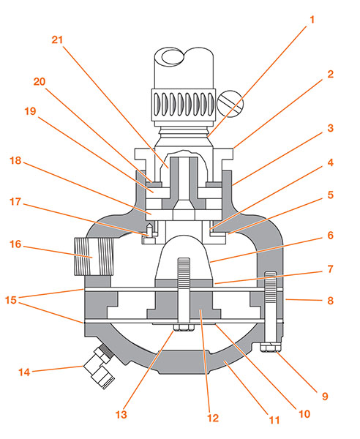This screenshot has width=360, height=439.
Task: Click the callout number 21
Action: (x=57, y=40)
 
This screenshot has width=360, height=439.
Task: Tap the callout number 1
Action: (x=312, y=20)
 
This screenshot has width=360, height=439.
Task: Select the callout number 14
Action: (x=24, y=372)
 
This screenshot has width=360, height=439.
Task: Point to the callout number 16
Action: (x=15, y=244)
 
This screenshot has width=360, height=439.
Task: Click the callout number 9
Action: (x=325, y=396)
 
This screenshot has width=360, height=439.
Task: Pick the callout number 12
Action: (x=213, y=418)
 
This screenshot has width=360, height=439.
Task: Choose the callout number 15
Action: (x=11, y=300)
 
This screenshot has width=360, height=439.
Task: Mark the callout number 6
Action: (x=330, y=236)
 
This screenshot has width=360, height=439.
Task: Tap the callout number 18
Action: (x=15, y=160)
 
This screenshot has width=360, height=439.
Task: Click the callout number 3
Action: (x=330, y=128)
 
